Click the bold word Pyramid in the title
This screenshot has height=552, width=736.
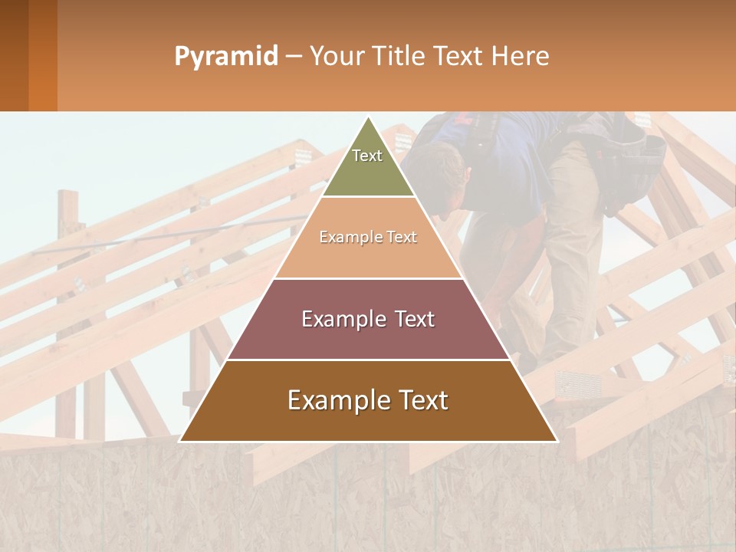pyautogui.click(x=226, y=57)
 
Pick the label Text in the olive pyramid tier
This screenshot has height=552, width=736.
pyautogui.click(x=367, y=156)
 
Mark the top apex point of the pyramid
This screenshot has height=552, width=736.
pyautogui.click(x=369, y=117)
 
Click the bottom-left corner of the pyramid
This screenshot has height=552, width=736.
pyautogui.click(x=180, y=441)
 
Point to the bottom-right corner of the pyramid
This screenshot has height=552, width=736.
pyautogui.click(x=557, y=441)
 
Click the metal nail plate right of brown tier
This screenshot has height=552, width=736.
pyautogui.click(x=575, y=382)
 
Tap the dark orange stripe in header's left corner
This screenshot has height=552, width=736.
pyautogui.click(x=42, y=55)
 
